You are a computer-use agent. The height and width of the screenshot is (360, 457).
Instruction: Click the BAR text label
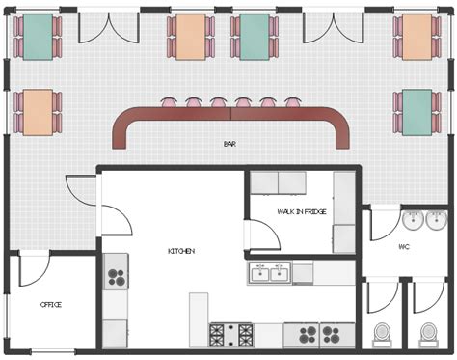[x=229, y=145]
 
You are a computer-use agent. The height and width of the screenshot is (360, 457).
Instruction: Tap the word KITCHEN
[x=181, y=251]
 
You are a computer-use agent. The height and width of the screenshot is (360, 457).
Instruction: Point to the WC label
[x=405, y=247]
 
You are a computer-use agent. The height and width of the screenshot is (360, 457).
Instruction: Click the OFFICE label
[x=51, y=305]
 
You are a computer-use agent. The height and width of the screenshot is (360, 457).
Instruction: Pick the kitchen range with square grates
[x=231, y=335]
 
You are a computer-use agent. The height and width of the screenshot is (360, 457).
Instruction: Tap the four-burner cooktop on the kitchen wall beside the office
[x=117, y=278]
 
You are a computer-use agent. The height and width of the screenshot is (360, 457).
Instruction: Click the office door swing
[x=33, y=268]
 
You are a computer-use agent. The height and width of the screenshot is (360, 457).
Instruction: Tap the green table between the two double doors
[x=255, y=36]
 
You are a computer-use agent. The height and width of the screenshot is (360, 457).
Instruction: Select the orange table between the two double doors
[x=191, y=36]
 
